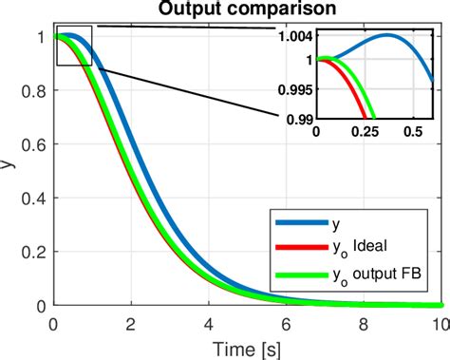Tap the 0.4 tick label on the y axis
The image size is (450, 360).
[37, 199]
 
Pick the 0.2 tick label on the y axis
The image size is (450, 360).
[37, 253]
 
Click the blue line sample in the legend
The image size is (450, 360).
[295, 224]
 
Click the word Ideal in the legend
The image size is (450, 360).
[366, 249]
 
